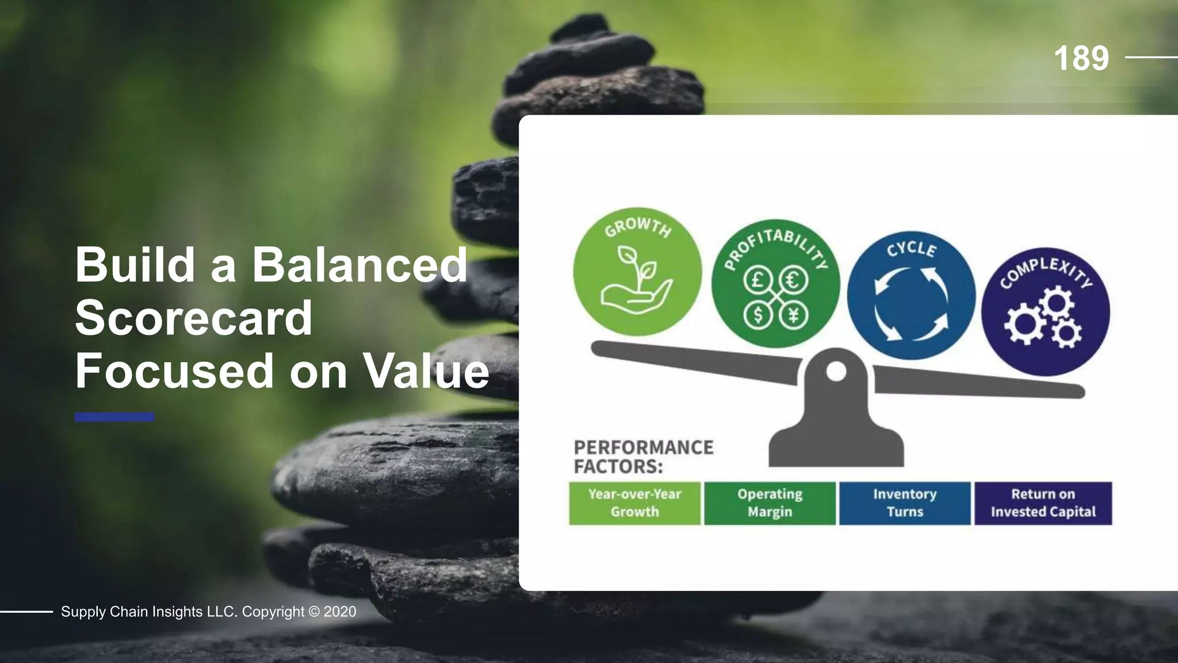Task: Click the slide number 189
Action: tap(1081, 58)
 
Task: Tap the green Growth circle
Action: tap(637, 271)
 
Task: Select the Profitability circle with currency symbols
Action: tap(775, 283)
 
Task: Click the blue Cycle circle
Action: tap(911, 296)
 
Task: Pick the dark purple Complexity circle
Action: tap(1045, 311)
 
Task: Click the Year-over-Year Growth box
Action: tap(634, 503)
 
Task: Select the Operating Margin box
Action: tap(770, 503)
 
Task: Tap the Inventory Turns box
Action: tap(905, 503)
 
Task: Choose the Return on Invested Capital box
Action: tap(1043, 503)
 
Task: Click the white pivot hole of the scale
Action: tap(836, 372)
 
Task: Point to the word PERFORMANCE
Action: tap(644, 447)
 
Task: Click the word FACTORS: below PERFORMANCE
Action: tap(618, 466)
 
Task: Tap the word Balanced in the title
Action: tap(359, 265)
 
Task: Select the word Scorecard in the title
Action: tap(194, 318)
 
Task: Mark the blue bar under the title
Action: tap(114, 417)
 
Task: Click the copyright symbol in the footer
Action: tap(314, 612)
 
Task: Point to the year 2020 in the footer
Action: tap(340, 612)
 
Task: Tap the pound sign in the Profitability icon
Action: tap(758, 280)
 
